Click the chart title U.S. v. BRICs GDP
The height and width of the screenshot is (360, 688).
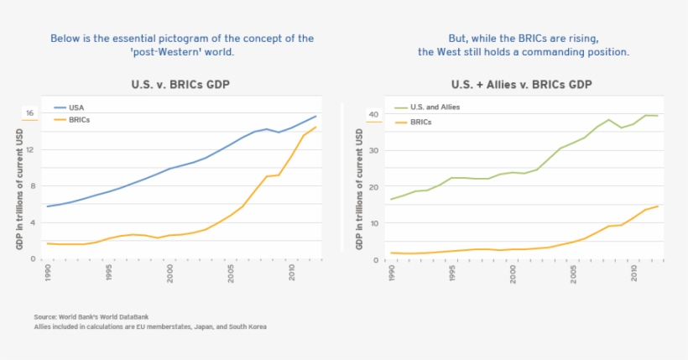coord(180,85)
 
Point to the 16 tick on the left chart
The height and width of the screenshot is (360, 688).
coord(29,113)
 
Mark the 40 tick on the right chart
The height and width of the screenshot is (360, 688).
coord(374,114)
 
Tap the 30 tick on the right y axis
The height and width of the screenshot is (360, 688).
coord(374,150)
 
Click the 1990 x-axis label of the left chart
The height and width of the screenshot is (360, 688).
coord(48,271)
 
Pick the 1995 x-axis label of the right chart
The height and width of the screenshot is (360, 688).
coord(451,271)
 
